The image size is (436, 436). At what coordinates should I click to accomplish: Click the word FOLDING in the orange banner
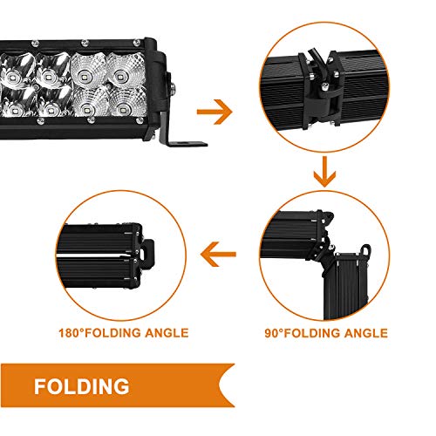pyautogui.click(x=82, y=386)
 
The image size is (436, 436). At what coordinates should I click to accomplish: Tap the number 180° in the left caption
pyautogui.click(x=71, y=333)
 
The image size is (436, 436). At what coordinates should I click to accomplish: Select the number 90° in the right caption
pyautogui.click(x=274, y=333)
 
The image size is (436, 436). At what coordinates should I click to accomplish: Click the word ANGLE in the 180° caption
pyautogui.click(x=167, y=333)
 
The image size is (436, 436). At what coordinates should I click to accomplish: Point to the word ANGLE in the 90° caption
pyautogui.click(x=366, y=333)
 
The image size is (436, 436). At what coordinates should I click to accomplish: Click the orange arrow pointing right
pyautogui.click(x=215, y=112)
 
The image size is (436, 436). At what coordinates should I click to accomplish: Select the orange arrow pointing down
pyautogui.click(x=324, y=172)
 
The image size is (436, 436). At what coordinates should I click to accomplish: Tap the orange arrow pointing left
pyautogui.click(x=218, y=255)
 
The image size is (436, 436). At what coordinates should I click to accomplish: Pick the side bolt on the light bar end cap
pyautogui.click(x=173, y=87)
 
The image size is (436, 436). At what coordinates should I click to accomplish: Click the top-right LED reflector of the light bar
pyautogui.click(x=126, y=71)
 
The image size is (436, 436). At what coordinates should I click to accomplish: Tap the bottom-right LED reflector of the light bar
pyautogui.click(x=127, y=102)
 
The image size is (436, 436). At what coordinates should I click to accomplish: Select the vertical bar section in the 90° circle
pyautogui.click(x=346, y=286)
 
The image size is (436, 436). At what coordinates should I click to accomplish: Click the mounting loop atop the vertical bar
pyautogui.click(x=365, y=250)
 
